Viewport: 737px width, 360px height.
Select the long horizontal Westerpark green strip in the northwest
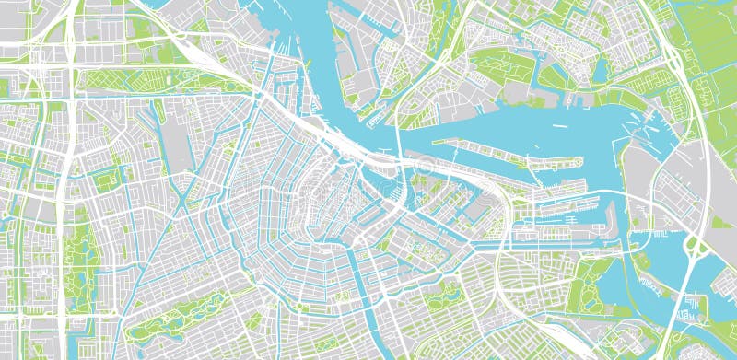[x=166, y=81]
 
